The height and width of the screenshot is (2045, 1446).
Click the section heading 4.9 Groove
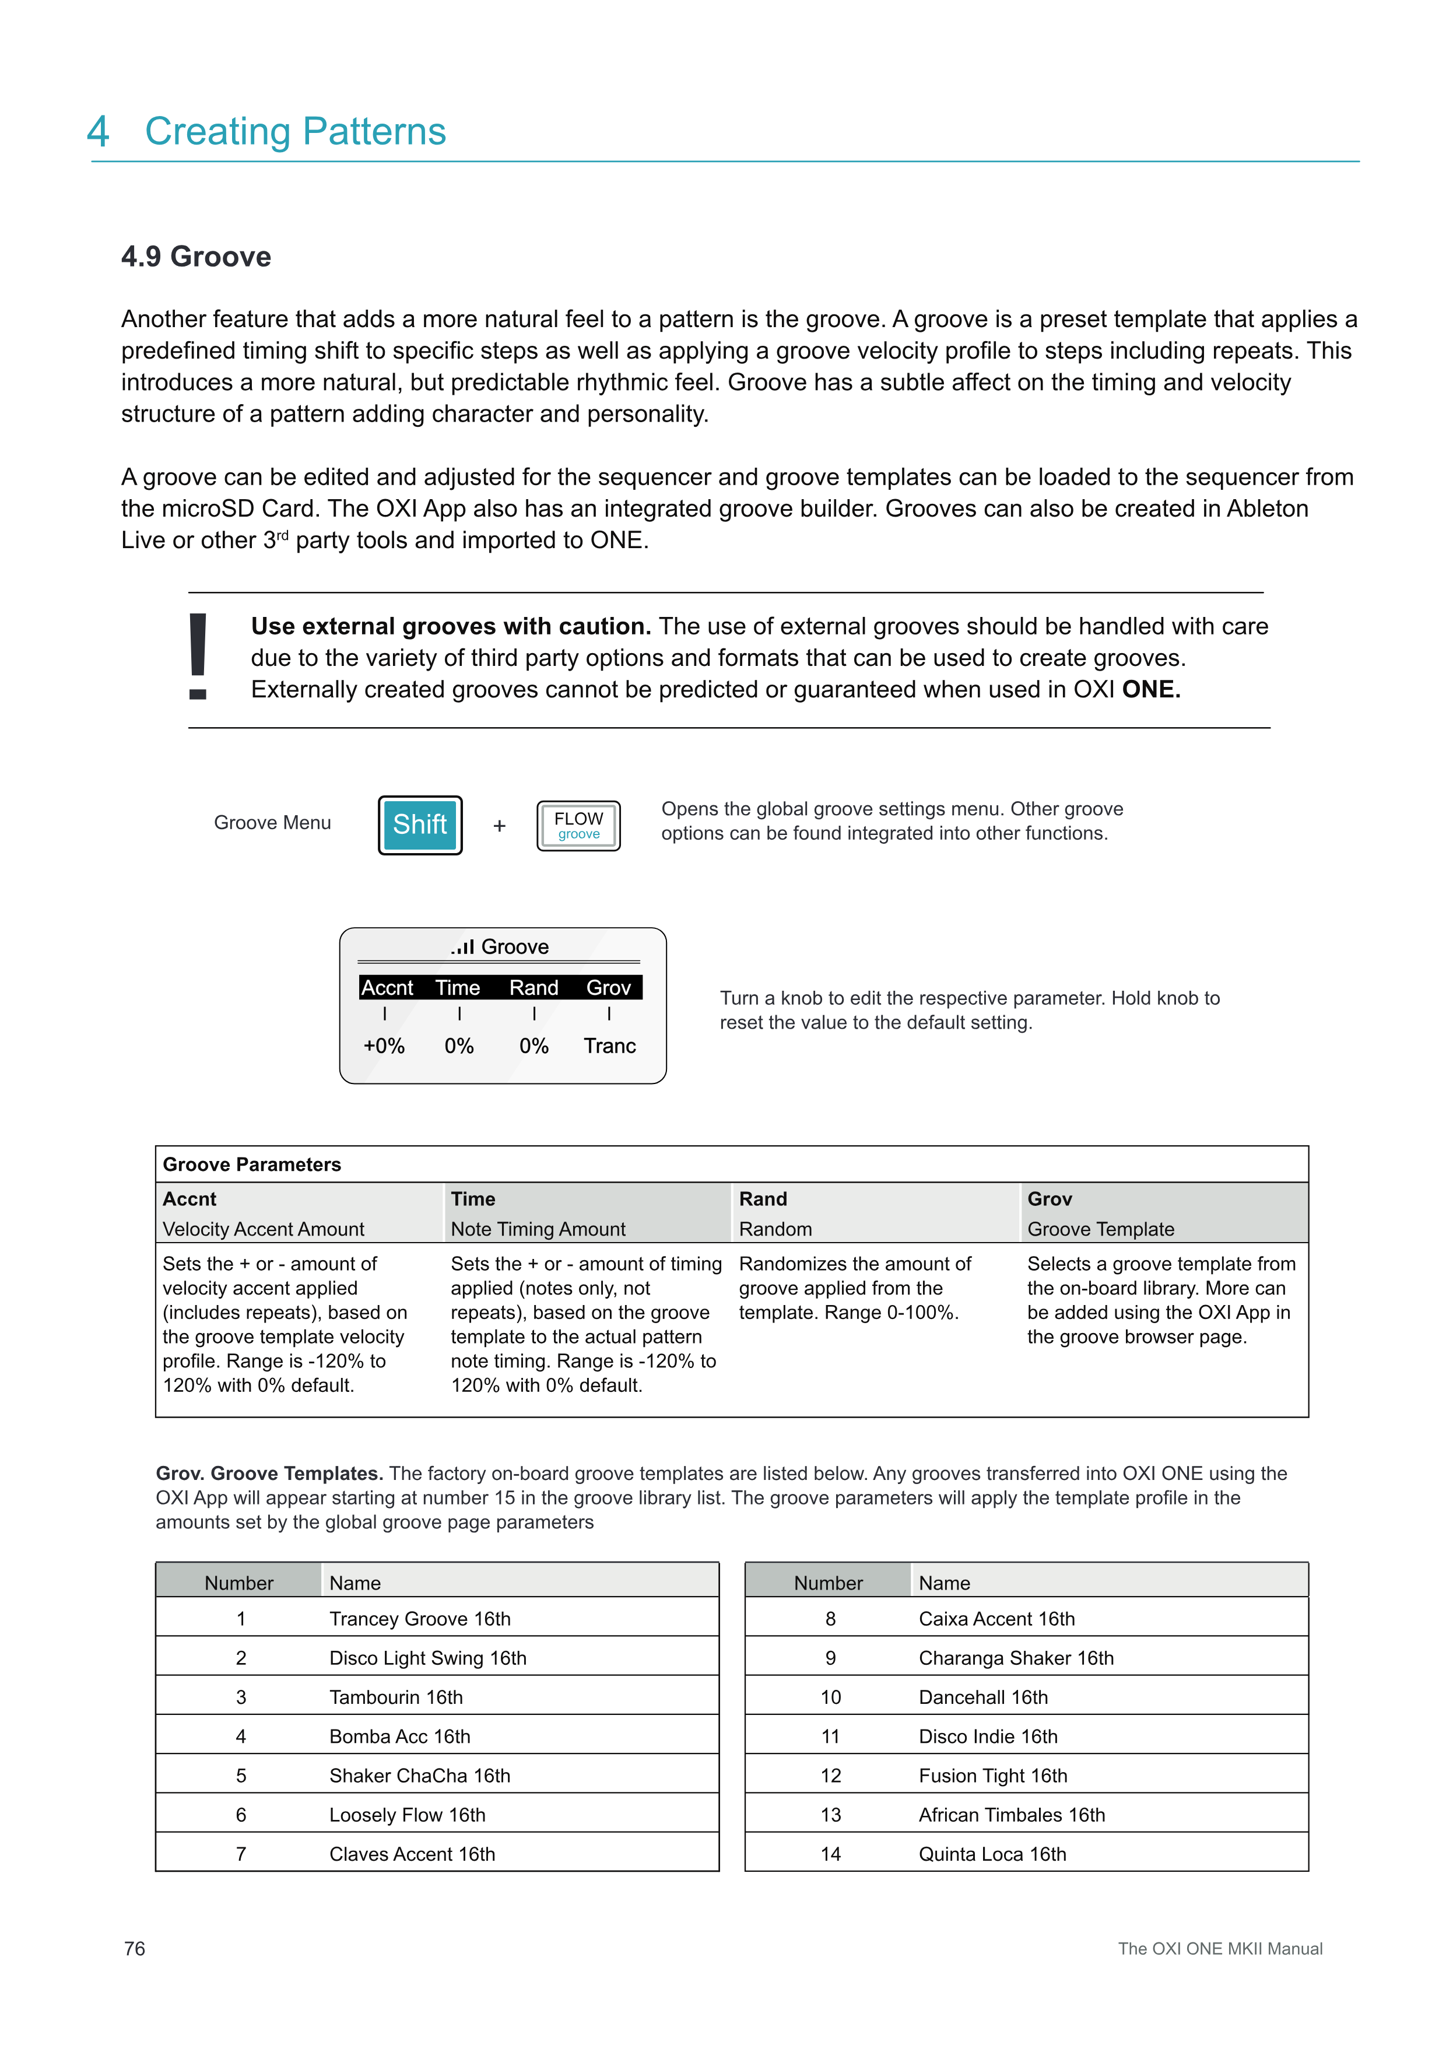(x=196, y=257)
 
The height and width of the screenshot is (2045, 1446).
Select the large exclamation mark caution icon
(x=198, y=657)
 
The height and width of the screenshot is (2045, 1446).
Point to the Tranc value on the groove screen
(x=609, y=1046)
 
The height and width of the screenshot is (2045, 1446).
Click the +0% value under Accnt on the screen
(x=384, y=1046)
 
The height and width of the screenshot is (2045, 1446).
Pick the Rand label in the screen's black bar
(x=534, y=988)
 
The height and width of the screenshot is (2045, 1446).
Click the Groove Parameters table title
(x=252, y=1164)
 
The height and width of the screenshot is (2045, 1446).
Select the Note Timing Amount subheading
(x=538, y=1229)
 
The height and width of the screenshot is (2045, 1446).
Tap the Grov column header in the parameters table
(x=1050, y=1199)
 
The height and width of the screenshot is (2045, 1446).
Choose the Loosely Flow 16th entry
(x=407, y=1814)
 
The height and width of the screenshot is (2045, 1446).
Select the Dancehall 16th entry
(x=983, y=1697)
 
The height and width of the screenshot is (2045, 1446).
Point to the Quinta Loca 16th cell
(x=992, y=1854)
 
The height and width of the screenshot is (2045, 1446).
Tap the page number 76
(x=135, y=1949)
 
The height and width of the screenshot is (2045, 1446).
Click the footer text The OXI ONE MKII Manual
(x=1220, y=1949)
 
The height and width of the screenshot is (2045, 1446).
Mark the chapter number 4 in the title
(x=98, y=132)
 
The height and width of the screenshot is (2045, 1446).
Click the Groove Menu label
(x=272, y=823)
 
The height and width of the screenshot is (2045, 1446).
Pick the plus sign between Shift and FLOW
(x=500, y=826)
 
